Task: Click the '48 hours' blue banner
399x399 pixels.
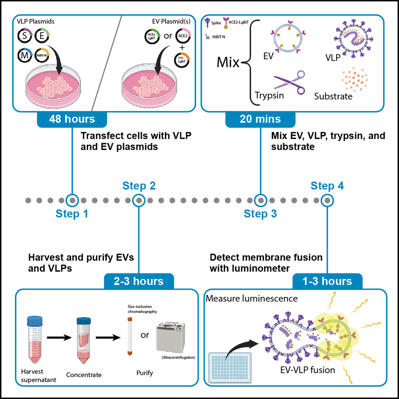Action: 72,119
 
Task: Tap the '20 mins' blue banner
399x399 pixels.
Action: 260,119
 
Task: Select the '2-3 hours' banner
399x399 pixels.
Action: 139,281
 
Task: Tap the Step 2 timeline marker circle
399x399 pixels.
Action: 139,199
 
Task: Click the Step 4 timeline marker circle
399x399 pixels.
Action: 327,199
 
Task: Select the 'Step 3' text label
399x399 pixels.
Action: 260,214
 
